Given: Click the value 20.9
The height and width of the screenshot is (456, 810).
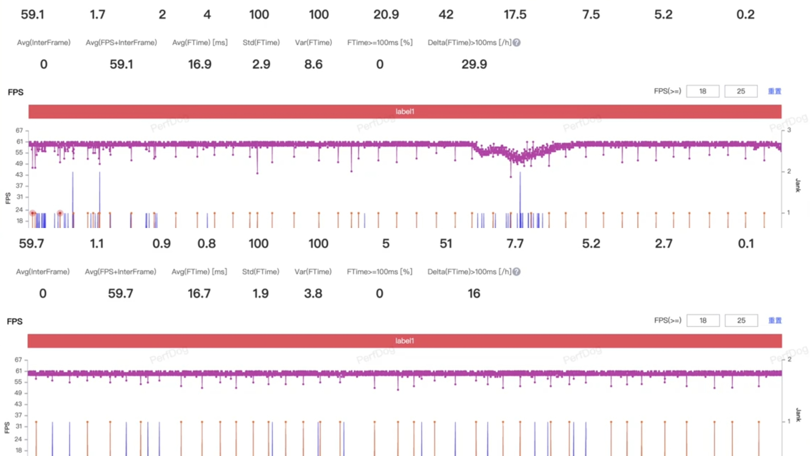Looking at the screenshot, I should click(386, 14).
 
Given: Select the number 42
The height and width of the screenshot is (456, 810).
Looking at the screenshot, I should click(446, 14).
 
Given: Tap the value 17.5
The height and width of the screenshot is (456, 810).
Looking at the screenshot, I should click(515, 14).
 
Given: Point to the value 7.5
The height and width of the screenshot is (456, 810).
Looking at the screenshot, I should click(591, 14).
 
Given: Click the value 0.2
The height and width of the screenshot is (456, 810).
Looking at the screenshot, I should click(745, 14).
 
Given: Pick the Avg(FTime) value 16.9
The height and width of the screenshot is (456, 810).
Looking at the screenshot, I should click(200, 65).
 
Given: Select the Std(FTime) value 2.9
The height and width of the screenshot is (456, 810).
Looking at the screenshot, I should click(261, 65).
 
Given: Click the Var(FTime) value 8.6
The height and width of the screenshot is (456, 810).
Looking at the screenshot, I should click(313, 65).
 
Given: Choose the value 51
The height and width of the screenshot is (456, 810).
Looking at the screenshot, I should click(446, 244).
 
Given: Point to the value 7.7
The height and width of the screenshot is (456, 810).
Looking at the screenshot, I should click(515, 244).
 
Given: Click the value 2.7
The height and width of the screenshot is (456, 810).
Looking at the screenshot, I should click(664, 244).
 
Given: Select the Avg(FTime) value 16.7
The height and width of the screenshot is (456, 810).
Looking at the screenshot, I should click(199, 294).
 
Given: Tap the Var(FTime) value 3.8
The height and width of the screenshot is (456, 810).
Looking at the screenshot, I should click(313, 294).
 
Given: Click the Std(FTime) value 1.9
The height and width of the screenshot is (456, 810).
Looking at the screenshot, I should click(260, 294).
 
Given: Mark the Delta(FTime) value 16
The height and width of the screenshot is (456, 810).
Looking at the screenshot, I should click(474, 294).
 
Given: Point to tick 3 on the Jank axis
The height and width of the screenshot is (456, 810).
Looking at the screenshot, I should click(789, 130).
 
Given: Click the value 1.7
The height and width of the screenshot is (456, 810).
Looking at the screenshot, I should click(97, 14).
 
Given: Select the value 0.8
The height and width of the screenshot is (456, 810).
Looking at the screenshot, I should click(206, 244).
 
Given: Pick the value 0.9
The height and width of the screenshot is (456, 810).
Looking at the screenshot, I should click(161, 244).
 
